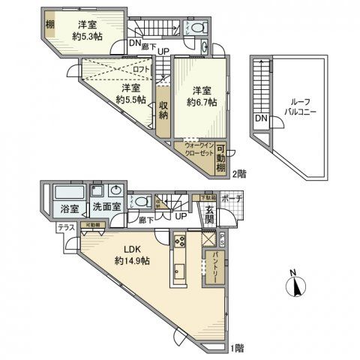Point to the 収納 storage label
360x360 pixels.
point(163,109)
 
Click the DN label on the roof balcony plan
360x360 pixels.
point(260,118)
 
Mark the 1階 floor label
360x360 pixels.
point(237,346)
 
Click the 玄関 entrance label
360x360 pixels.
point(210,214)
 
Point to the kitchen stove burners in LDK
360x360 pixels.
point(180,241)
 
